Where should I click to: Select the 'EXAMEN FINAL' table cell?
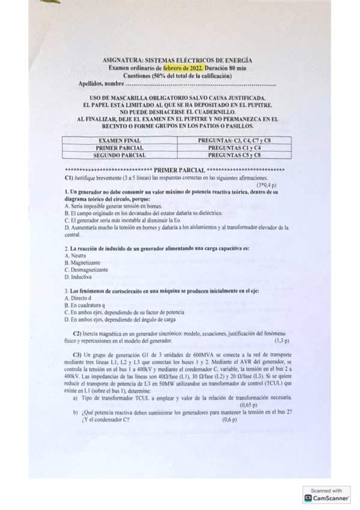tap(120, 140)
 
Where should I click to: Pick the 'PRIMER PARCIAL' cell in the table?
tap(120, 147)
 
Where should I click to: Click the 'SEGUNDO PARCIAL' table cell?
tap(120, 155)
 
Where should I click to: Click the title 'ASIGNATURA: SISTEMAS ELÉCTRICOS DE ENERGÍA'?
tap(177, 60)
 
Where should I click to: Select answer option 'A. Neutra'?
tap(75, 256)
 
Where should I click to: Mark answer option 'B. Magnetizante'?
tap(82, 263)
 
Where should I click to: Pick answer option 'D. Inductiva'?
tap(78, 277)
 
